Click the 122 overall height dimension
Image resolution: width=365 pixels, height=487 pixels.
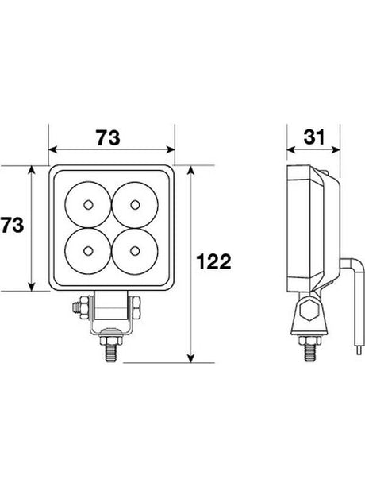point(213,262)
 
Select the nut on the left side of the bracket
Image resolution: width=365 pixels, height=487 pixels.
point(79,306)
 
